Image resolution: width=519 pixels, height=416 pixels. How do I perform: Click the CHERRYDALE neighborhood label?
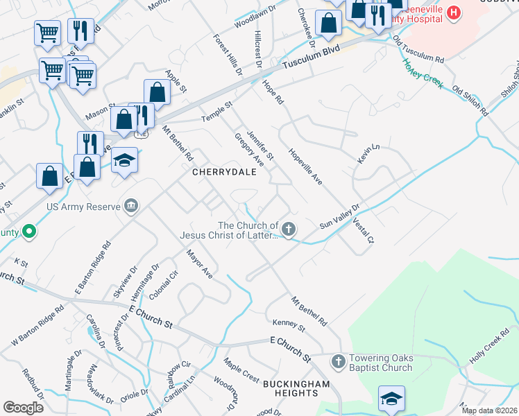[x=219, y=172]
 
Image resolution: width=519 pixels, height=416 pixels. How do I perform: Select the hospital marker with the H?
[x=453, y=12]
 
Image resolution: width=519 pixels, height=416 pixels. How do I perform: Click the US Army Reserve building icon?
[x=130, y=206]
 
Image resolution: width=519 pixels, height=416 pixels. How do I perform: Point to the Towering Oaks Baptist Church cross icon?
[x=338, y=361]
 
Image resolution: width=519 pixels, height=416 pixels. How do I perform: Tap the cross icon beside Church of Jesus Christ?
[x=289, y=229]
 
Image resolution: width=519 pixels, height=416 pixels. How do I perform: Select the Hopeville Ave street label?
[x=306, y=168]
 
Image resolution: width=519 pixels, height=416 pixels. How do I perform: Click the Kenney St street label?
[x=289, y=324]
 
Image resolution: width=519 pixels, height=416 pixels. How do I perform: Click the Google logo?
[x=23, y=408]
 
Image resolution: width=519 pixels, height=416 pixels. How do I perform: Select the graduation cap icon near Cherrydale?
[x=124, y=160]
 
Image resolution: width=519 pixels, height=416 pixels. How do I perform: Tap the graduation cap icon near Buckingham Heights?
[x=391, y=399]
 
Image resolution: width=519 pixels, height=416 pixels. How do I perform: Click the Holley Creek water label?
[x=422, y=73]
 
